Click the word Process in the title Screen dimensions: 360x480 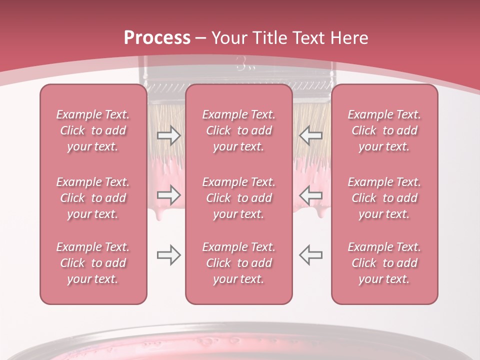[157, 38]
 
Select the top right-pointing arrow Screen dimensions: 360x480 [168, 135]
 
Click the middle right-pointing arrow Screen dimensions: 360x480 [168, 195]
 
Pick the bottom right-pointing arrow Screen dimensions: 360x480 [168, 254]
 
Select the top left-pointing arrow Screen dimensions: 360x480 [310, 135]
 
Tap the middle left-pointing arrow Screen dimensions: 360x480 [310, 195]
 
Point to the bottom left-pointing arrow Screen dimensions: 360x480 [310, 254]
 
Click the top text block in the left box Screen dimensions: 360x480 [93, 130]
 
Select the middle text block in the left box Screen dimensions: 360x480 [93, 198]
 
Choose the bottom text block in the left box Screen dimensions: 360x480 [93, 263]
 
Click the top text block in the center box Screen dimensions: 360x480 [238, 130]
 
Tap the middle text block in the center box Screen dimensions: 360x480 [238, 198]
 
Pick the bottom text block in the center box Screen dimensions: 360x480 [238, 263]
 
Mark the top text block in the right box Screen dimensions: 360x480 [384, 130]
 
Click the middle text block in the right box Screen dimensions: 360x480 [384, 198]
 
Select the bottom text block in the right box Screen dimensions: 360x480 [384, 263]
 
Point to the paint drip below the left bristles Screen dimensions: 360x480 [159, 215]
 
